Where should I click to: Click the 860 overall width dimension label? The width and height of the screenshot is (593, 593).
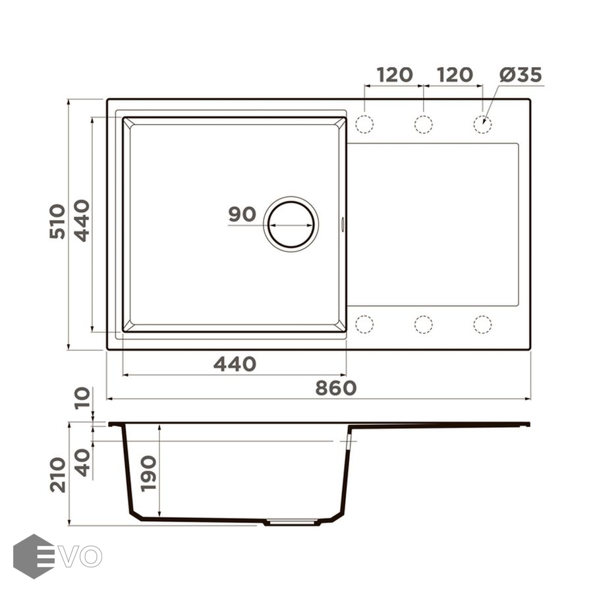pos(336,388)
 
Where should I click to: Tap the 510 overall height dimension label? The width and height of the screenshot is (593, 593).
pos(57,221)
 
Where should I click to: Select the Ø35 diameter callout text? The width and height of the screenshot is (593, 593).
pos(521,74)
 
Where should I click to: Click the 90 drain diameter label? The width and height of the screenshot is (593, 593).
pos(242,214)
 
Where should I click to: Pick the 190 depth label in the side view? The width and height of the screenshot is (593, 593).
pos(148,474)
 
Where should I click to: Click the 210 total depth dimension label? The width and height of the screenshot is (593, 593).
pos(57,474)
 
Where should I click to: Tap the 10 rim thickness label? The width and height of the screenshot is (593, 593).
pos(82,398)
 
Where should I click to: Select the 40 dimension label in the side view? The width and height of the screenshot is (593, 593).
pos(82,462)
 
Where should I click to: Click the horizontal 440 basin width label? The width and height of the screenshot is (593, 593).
pos(235,364)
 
